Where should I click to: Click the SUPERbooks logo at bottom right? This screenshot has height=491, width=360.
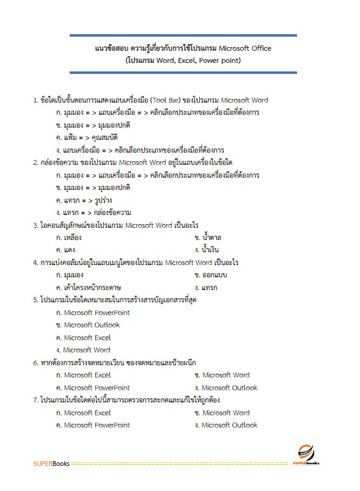click(x=309, y=455)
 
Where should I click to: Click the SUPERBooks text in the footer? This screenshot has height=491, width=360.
click(x=51, y=464)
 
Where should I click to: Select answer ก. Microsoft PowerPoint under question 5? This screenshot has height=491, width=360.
click(x=92, y=313)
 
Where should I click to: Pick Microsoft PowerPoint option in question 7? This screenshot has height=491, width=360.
click(x=92, y=425)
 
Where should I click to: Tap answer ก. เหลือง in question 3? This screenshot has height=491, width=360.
click(x=68, y=238)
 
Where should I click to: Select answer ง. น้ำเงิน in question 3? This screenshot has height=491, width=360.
click(x=206, y=250)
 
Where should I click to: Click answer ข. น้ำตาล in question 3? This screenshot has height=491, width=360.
click(x=207, y=238)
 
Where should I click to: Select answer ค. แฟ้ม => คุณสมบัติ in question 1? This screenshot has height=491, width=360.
click(x=86, y=137)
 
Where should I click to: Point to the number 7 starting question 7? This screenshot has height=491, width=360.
click(x=35, y=400)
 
